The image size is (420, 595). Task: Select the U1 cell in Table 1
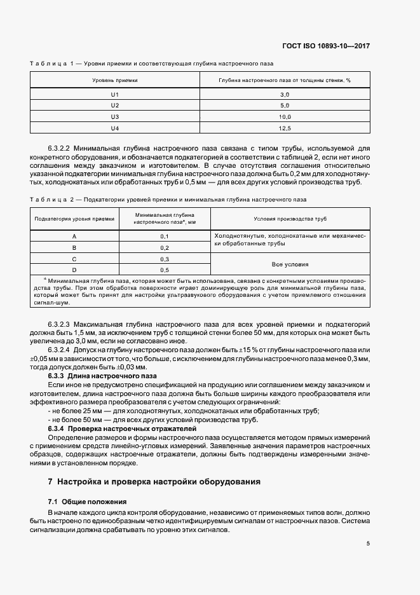coord(115,93)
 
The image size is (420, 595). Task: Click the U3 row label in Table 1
coord(115,116)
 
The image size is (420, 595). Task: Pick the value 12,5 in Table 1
coord(285,128)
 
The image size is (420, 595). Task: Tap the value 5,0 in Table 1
coord(285,105)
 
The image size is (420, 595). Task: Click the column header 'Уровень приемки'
coord(115,81)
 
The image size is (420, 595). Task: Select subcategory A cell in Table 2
coord(74,236)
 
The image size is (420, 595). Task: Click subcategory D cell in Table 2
coord(74,270)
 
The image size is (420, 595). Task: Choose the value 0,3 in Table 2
coord(164,259)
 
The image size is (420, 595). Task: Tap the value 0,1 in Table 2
coord(164,236)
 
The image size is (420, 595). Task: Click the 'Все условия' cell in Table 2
coord(290,264)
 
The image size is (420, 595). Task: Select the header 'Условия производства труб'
coord(290,218)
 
